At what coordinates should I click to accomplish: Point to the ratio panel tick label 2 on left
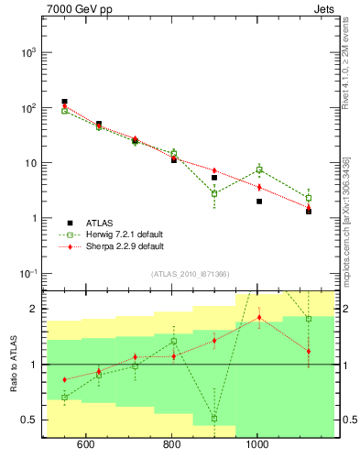(33, 309)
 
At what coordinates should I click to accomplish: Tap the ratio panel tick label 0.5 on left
(28, 420)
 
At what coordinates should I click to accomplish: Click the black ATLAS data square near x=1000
(259, 202)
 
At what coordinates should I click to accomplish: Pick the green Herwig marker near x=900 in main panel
(214, 193)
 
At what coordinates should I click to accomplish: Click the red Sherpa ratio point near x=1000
(259, 318)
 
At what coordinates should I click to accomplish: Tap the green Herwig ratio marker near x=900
(214, 418)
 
